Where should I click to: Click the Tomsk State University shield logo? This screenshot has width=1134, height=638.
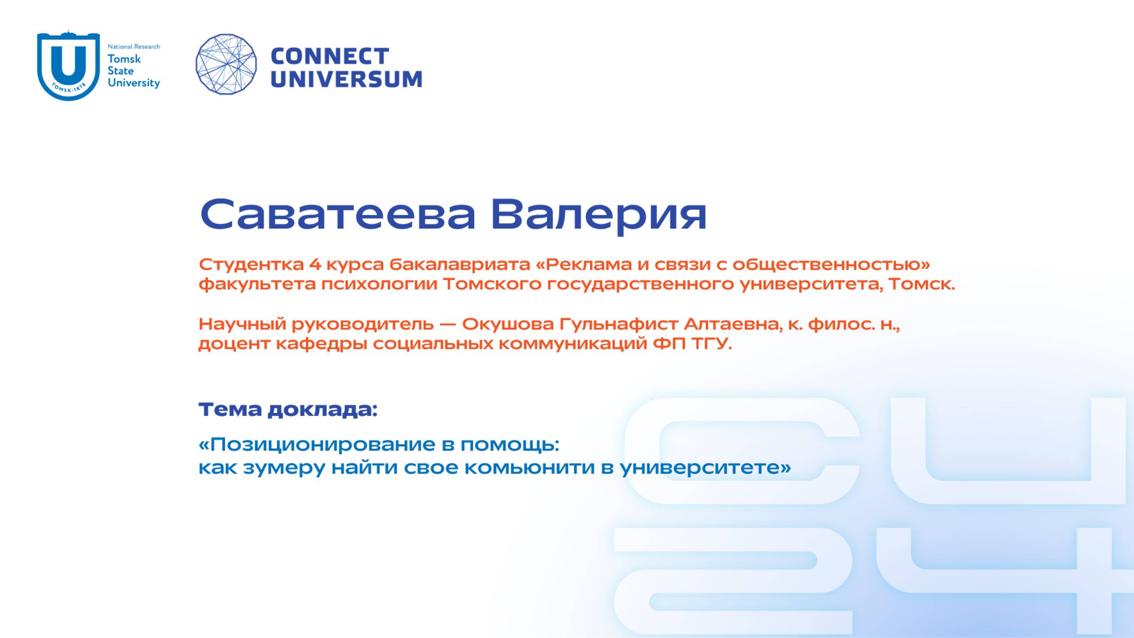69,65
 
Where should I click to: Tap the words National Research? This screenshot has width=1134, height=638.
134,46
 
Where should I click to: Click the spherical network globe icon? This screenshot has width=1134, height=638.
226,64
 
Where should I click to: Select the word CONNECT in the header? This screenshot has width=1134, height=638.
330,56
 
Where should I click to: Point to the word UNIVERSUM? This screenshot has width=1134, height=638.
346,79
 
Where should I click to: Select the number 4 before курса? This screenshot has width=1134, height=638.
315,264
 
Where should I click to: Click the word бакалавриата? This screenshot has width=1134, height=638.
459,264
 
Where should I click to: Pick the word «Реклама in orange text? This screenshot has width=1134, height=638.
584,264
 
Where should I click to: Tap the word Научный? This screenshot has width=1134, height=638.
242,324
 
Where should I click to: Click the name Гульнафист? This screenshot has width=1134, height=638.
619,324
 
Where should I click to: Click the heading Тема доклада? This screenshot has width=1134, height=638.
288,409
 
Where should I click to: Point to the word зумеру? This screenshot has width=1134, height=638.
284,468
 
